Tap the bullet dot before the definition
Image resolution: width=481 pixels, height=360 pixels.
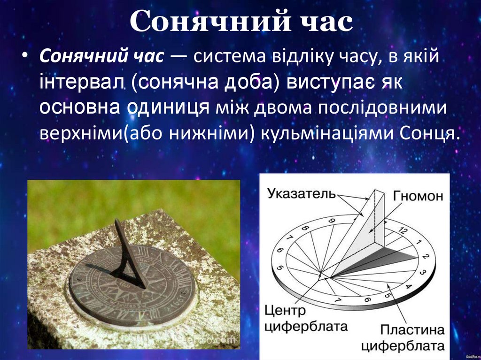click(25, 58)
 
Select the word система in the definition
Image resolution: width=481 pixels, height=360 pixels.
click(227, 58)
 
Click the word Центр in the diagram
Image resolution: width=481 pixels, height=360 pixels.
click(285, 310)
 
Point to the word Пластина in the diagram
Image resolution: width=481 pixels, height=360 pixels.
click(412, 329)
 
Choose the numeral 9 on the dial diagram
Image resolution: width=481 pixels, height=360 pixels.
click(332, 221)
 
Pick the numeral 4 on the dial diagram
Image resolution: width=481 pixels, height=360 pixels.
click(408, 287)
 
